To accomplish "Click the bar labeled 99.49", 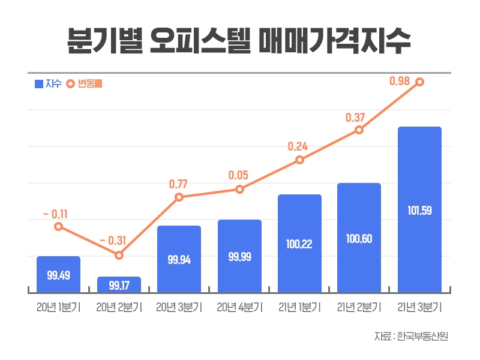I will pyautogui.click(x=58, y=274).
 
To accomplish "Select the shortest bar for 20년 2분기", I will pyautogui.click(x=119, y=284).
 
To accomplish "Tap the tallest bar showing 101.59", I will pyautogui.click(x=419, y=210).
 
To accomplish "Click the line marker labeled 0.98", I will pyautogui.click(x=419, y=82).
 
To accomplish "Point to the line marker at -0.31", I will pyautogui.click(x=119, y=255).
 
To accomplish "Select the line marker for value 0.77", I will pyautogui.click(x=179, y=197).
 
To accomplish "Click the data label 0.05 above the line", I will pyautogui.click(x=239, y=175).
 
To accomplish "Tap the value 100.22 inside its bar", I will pyautogui.click(x=299, y=244).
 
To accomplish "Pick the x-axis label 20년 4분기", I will pyautogui.click(x=239, y=307).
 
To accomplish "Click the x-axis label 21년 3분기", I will pyautogui.click(x=419, y=307).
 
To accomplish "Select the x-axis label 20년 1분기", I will pyautogui.click(x=58, y=307).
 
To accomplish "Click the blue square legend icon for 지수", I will pyautogui.click(x=39, y=84).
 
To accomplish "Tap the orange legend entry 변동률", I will pyautogui.click(x=84, y=84).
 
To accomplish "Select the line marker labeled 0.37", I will pyautogui.click(x=359, y=130).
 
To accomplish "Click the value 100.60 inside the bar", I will pyautogui.click(x=359, y=239).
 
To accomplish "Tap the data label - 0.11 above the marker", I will pyautogui.click(x=55, y=213).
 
